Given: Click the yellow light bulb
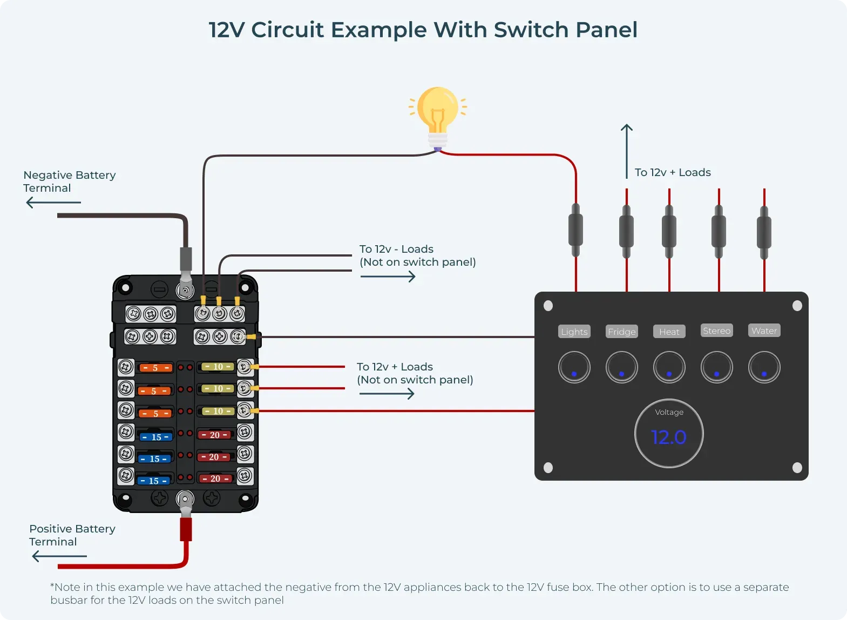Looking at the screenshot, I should (437, 111).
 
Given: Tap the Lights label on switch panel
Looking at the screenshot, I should (574, 332).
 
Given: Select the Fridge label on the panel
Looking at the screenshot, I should (621, 332).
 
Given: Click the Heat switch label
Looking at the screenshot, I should (669, 332).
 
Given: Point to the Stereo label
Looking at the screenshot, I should (716, 331).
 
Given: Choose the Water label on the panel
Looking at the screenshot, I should (764, 331).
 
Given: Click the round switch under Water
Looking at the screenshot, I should (764, 367).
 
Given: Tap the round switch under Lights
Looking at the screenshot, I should (574, 367).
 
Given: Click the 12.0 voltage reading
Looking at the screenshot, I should (668, 437).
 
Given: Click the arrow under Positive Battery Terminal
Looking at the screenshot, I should (59, 556).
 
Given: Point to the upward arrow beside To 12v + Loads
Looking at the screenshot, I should (626, 151).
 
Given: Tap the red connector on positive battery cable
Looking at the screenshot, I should (186, 529).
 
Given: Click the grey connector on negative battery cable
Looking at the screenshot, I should (185, 259).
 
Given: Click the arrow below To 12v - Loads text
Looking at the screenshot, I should (388, 277).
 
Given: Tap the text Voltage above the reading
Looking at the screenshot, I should (669, 412).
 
